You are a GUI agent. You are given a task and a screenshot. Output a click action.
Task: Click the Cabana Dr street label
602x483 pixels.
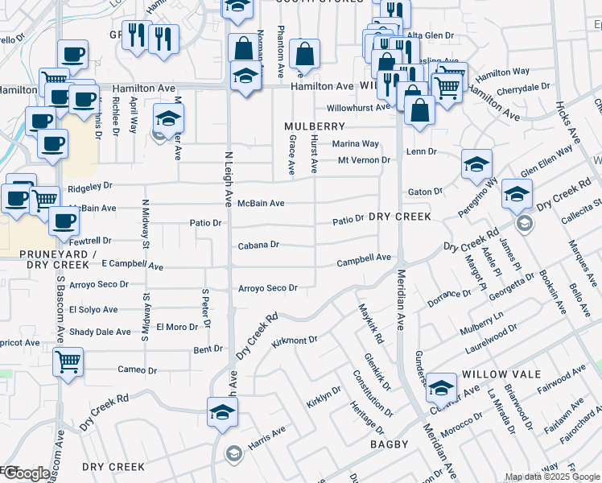(x=258, y=245)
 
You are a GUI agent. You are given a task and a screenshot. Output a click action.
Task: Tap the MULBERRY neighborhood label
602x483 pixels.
(x=314, y=126)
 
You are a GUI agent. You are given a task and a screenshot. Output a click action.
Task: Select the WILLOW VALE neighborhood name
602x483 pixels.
(x=494, y=374)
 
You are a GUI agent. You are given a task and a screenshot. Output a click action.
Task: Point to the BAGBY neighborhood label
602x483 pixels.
(x=390, y=444)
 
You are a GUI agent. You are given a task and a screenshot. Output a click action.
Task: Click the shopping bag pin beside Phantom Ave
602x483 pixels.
(x=305, y=55)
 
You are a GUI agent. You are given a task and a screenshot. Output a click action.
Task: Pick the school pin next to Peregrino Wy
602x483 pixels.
(x=476, y=164)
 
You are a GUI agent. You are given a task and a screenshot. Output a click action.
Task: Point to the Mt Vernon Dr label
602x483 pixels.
(x=364, y=160)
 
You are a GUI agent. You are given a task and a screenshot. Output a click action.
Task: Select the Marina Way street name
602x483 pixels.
(x=356, y=143)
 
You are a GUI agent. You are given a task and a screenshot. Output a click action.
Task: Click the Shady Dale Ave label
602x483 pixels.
(x=100, y=332)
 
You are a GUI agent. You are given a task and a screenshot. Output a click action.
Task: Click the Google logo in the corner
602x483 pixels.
(x=26, y=474)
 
